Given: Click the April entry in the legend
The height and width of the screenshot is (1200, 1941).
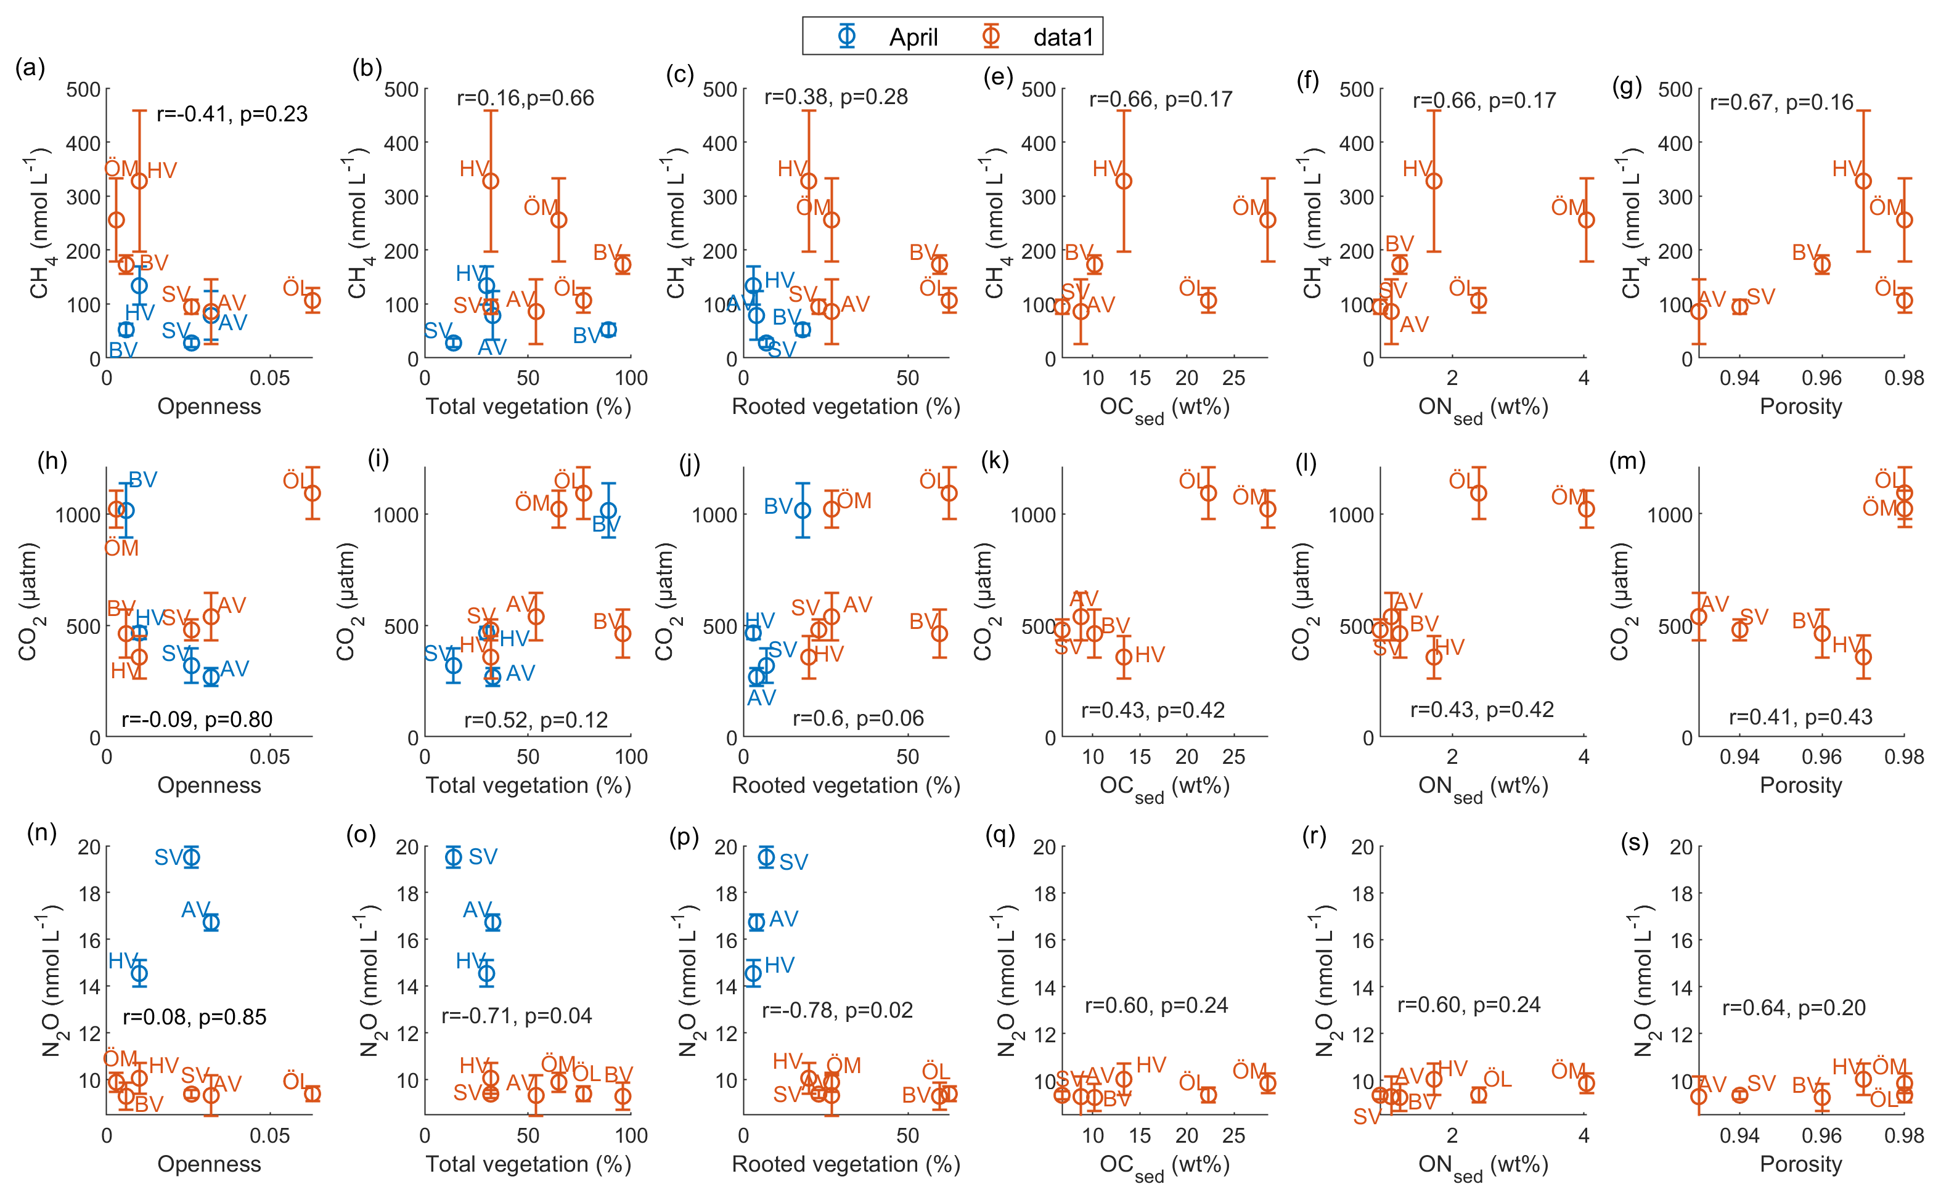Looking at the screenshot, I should (x=912, y=38).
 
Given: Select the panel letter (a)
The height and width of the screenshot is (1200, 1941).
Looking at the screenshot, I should (x=30, y=68).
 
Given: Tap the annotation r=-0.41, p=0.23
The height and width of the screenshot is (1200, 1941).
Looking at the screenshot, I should (x=232, y=115).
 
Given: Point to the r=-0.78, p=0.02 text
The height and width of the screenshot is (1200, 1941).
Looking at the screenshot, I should (x=836, y=1010).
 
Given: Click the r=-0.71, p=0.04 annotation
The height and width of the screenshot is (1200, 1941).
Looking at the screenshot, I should (x=517, y=1015).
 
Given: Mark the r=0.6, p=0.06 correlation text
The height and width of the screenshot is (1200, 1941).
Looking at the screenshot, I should (x=858, y=718).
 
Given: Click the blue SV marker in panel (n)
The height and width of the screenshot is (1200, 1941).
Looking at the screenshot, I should (x=191, y=857).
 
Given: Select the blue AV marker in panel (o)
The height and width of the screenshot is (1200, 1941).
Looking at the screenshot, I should (x=493, y=922).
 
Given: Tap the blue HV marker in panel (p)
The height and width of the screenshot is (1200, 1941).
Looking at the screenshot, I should (x=753, y=973).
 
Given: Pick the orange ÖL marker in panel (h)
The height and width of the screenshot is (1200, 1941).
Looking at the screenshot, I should (x=312, y=493).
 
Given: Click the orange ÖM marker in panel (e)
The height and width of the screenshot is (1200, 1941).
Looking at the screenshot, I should (x=1268, y=220).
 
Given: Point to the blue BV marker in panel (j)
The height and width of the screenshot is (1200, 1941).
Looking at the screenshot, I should (x=803, y=510).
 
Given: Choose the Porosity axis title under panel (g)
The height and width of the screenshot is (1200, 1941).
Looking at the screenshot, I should (x=1800, y=407).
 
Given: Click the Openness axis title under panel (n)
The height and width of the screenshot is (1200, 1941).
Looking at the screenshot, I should (x=209, y=1164).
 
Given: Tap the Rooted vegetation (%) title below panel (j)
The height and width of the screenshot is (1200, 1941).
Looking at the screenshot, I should (x=846, y=785).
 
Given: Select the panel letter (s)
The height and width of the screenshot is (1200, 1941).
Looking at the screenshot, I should (x=1634, y=842).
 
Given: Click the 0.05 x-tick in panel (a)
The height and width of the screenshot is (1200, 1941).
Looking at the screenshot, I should (x=270, y=378).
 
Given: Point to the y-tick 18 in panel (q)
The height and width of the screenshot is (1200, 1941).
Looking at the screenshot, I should (x=1045, y=894).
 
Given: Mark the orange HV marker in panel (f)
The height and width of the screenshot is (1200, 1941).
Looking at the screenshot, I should (x=1434, y=181).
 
